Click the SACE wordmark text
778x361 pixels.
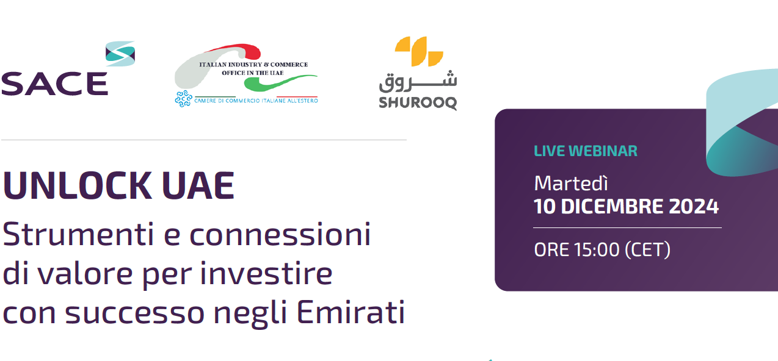pyautogui.click(x=55, y=84)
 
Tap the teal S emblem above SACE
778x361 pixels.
pyautogui.click(x=120, y=54)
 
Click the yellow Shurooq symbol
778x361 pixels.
pyautogui.click(x=419, y=51)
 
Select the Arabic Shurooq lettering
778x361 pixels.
pyautogui.click(x=418, y=82)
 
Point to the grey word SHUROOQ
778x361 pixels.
pyautogui.click(x=418, y=103)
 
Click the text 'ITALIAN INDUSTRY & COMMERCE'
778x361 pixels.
pyautogui.click(x=253, y=65)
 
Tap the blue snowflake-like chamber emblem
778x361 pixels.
pyautogui.click(x=183, y=99)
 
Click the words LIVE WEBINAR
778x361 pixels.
pyautogui.click(x=586, y=151)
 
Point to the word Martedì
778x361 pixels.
pyautogui.click(x=571, y=183)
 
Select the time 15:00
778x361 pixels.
pyautogui.click(x=597, y=249)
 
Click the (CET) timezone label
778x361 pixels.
pyautogui.click(x=647, y=250)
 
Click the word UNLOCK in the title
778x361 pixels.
pyautogui.click(x=78, y=186)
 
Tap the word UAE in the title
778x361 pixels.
pyautogui.click(x=198, y=186)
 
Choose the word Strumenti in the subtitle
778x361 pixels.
pyautogui.click(x=78, y=234)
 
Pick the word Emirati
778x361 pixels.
pyautogui.click(x=351, y=312)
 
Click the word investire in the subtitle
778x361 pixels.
pyautogui.click(x=266, y=274)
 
